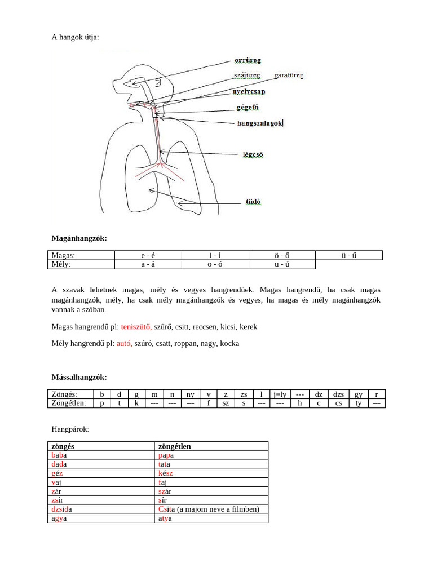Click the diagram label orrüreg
[x=248, y=60]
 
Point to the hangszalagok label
[x=259, y=122]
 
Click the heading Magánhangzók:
[x=79, y=238]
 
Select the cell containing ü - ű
[x=348, y=255]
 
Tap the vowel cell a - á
[x=148, y=264]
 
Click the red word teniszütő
[x=135, y=326]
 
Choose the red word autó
[x=124, y=343]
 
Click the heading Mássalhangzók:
[x=79, y=376]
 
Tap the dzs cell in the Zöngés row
[x=338, y=394]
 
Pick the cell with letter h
[x=299, y=403]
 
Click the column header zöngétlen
[x=175, y=446]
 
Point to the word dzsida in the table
[x=61, y=509]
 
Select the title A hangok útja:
[x=75, y=37]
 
